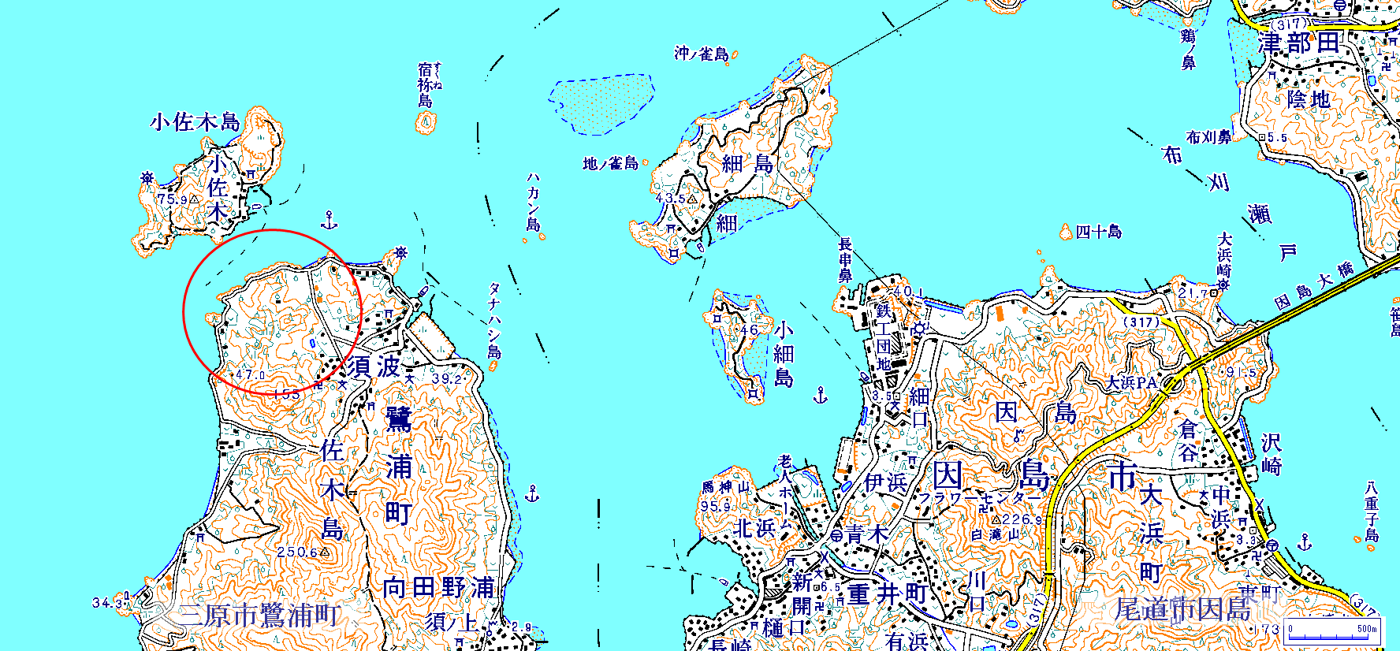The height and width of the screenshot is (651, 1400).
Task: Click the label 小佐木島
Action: [x=195, y=122]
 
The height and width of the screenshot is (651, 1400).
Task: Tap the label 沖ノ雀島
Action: [x=702, y=54]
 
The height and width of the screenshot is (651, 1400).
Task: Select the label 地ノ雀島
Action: [x=610, y=164]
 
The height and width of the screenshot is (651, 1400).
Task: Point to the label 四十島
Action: [x=1099, y=232]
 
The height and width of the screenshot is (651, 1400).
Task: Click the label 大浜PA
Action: [x=1132, y=383]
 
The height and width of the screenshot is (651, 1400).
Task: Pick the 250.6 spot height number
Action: [x=296, y=552]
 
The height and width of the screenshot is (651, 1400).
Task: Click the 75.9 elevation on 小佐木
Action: [x=173, y=199]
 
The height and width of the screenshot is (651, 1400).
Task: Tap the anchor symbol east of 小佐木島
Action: [x=330, y=220]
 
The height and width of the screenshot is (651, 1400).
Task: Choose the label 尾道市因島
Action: [x=1182, y=609]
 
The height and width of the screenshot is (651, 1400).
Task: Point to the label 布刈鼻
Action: [x=1208, y=137]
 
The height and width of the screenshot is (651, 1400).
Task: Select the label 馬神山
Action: [x=726, y=488]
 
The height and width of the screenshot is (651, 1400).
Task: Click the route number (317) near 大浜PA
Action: [x=1141, y=322]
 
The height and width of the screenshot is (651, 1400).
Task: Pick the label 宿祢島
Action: [x=426, y=85]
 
